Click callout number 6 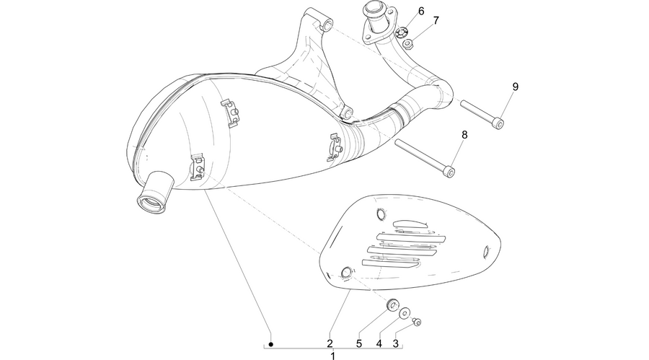[x=421, y=12]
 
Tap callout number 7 [x=436, y=20]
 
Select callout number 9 [x=516, y=87]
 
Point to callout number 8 [x=464, y=135]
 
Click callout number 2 [x=330, y=343]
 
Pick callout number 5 [x=359, y=343]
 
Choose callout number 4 [x=379, y=343]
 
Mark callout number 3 [x=396, y=343]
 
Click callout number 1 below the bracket [x=332, y=356]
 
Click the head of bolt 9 [x=500, y=123]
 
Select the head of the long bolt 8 [x=450, y=171]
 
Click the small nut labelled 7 [x=407, y=43]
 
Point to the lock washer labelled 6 [x=401, y=32]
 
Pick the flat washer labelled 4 [x=405, y=313]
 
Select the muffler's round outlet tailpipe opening [x=150, y=204]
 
